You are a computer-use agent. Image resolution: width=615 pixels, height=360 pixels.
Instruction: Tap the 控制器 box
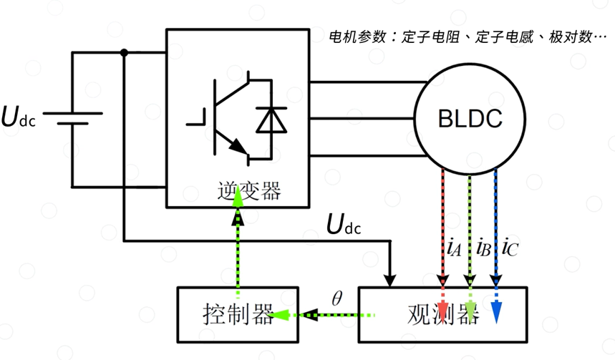point(238,313)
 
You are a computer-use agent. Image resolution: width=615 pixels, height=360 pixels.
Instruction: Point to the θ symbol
point(337,296)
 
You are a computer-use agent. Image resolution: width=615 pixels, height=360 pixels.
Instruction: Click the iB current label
point(482,248)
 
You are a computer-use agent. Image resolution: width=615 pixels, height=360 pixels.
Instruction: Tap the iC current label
point(509,248)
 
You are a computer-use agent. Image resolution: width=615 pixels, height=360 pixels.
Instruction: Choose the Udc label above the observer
point(344,225)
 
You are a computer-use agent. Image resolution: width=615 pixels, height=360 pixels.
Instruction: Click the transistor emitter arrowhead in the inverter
point(238,148)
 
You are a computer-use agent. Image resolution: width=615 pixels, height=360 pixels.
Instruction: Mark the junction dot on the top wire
point(125,52)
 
